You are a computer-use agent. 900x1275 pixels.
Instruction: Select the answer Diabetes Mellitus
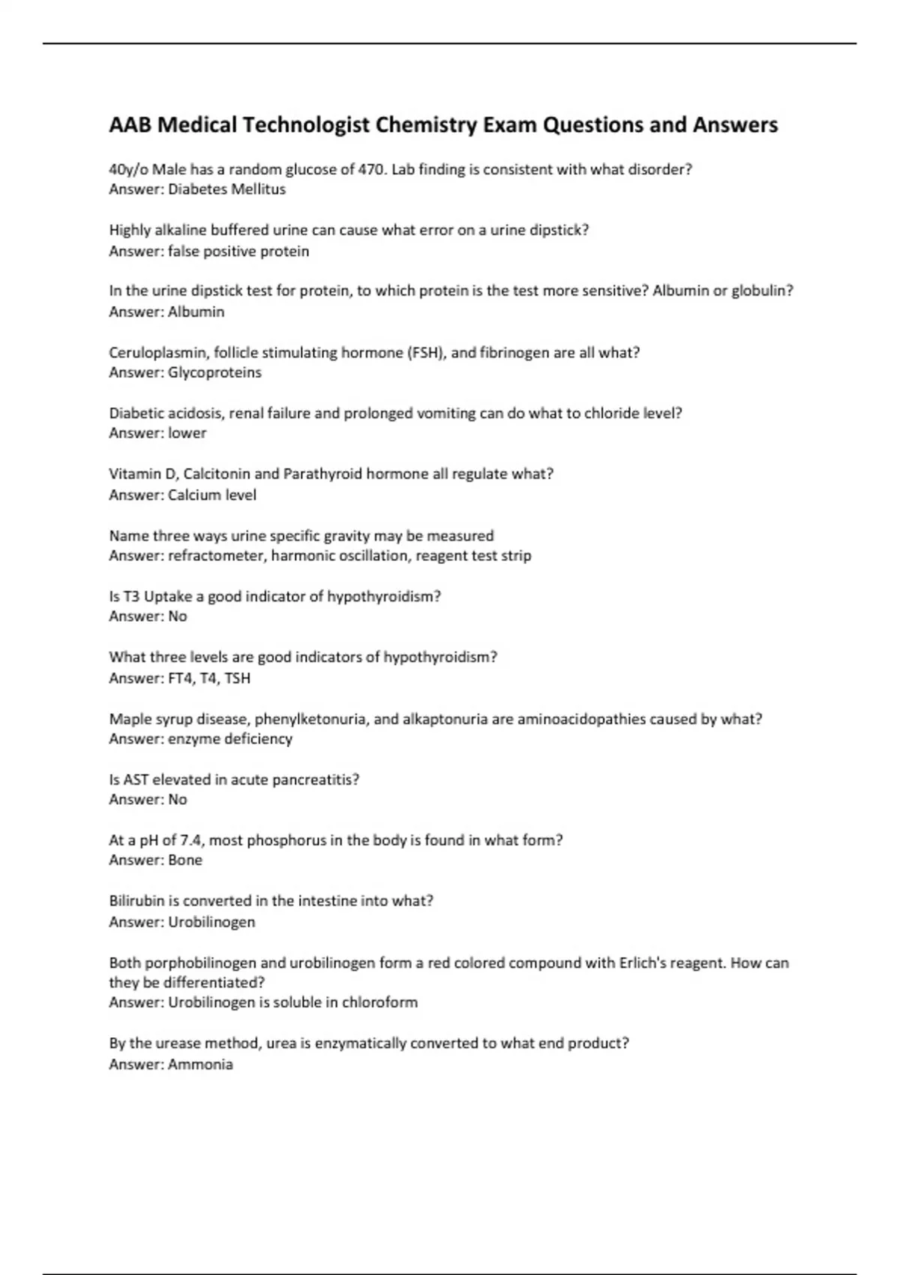226,189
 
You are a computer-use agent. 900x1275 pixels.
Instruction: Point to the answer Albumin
196,311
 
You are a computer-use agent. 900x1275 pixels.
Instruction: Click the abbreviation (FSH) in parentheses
427,352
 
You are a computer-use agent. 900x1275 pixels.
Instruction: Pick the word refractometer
216,556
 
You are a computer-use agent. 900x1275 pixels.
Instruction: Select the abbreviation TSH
237,678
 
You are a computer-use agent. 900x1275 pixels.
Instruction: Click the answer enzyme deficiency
229,739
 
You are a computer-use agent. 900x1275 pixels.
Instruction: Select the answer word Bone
184,859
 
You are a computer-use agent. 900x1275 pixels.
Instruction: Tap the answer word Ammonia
200,1064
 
